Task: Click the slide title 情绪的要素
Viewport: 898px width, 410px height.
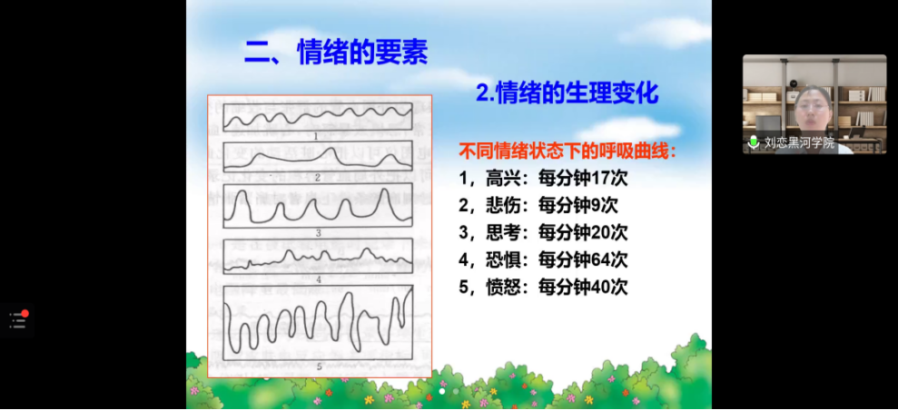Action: (x=362, y=54)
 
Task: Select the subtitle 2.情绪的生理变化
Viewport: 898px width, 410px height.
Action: (x=567, y=93)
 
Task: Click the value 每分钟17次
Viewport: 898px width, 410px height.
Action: (x=583, y=179)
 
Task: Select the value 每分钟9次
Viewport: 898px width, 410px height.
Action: (x=578, y=205)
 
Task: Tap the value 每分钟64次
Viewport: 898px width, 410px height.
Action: (x=583, y=259)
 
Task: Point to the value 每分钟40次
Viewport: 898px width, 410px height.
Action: (x=583, y=287)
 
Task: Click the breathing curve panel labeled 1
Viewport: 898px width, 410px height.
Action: (x=318, y=117)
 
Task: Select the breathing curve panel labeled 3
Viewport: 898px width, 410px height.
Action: (x=318, y=206)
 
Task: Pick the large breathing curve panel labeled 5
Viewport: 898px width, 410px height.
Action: (x=318, y=323)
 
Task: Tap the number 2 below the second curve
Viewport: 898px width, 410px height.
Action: (x=317, y=177)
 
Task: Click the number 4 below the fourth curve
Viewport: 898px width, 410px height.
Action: (x=317, y=279)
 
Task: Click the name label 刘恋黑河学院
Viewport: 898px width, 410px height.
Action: (x=800, y=143)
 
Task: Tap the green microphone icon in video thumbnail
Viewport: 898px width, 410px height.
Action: (x=754, y=142)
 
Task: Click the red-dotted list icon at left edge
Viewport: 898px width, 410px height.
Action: (x=18, y=320)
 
